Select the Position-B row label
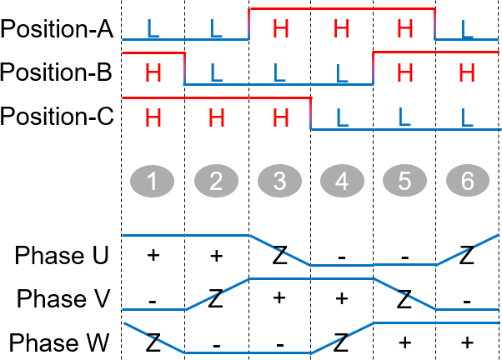tap(57, 72)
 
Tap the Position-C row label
tap(57, 115)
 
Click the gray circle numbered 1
tap(153, 180)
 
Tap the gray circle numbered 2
tap(215, 180)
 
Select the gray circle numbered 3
tap(279, 180)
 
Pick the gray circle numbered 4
tap(342, 180)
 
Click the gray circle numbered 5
tap(404, 180)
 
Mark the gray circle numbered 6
tap(467, 180)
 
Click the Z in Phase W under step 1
tap(153, 342)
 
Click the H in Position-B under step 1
tap(153, 72)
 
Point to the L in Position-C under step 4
tap(342, 116)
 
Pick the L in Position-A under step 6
tap(467, 29)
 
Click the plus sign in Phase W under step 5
tap(404, 342)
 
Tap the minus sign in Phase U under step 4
tap(342, 257)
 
